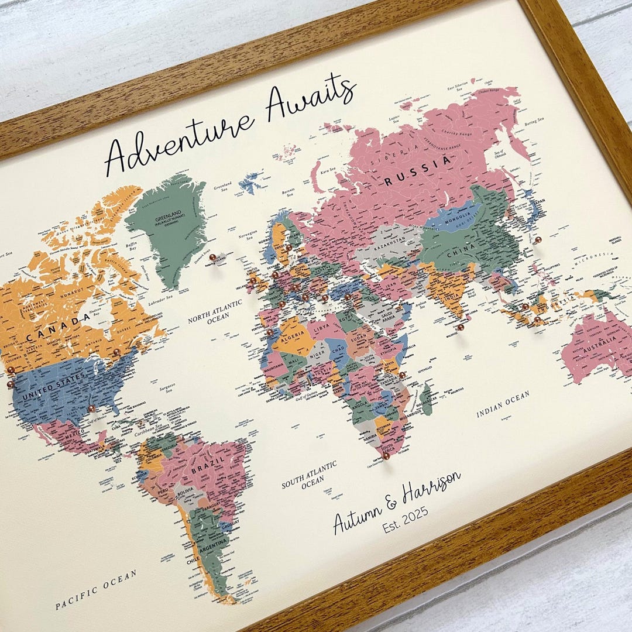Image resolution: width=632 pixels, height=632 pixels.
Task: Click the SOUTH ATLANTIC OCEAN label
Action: pos(310,475)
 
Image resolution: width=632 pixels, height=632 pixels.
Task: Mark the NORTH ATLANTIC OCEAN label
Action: pos(208,317)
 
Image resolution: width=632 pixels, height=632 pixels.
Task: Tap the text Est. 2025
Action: pos(405,520)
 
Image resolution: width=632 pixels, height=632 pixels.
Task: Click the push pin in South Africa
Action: pos(385,455)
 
